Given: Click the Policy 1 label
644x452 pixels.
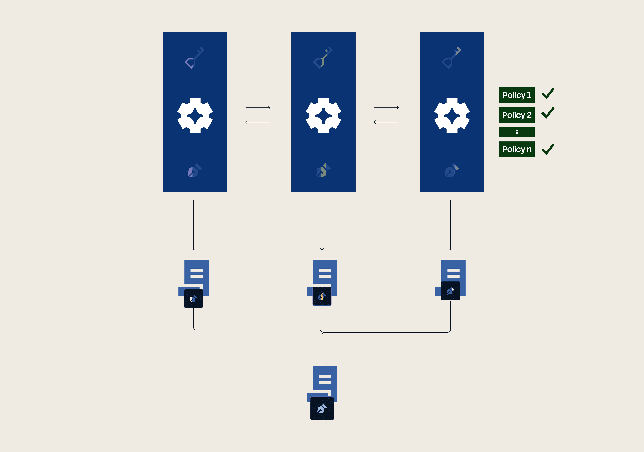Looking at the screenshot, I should click(x=517, y=95).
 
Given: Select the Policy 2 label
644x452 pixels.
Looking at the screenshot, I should click(x=517, y=115).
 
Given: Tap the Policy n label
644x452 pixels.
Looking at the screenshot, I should click(x=517, y=149).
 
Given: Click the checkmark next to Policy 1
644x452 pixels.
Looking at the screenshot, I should click(x=548, y=94).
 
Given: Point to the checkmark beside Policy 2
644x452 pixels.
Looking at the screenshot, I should click(x=548, y=113).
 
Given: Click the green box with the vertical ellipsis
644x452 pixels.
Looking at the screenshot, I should click(x=517, y=132).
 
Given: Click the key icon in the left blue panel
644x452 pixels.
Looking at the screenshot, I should click(x=194, y=58).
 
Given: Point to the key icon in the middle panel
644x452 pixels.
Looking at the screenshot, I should click(x=323, y=58).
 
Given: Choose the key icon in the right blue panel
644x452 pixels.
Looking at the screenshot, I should click(x=451, y=58).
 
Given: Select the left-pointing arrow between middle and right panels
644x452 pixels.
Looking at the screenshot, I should click(x=386, y=122).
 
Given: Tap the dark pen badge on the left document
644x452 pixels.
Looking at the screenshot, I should click(x=193, y=298).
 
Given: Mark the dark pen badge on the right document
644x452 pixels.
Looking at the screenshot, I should click(x=450, y=291).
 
